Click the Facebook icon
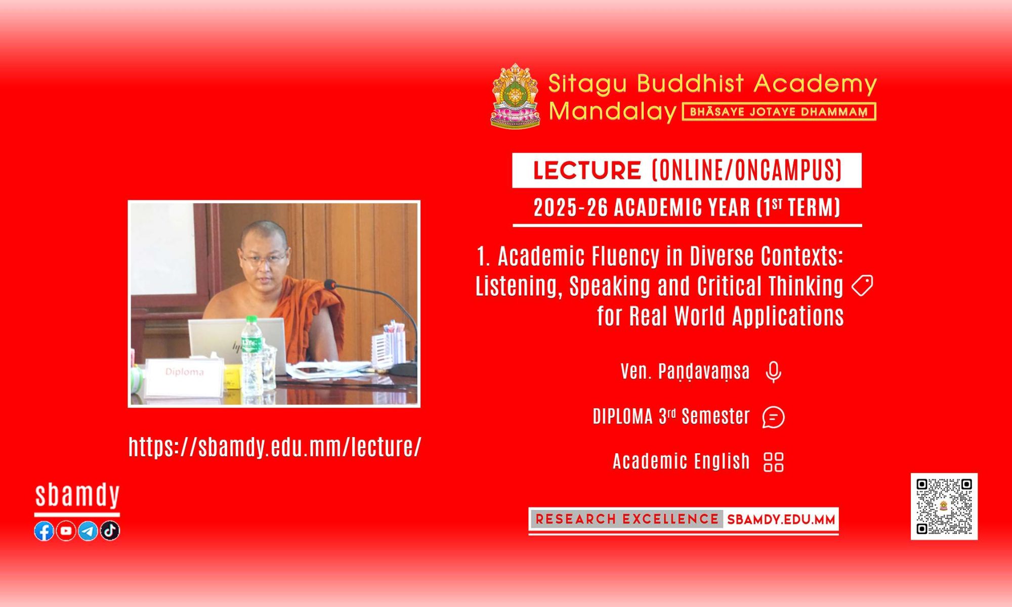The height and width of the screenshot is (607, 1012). tap(44, 531)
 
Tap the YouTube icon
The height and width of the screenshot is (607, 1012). tap(66, 531)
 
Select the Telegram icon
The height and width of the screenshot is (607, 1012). tap(88, 531)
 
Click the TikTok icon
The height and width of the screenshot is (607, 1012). tap(110, 531)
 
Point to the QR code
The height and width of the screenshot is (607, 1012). tap(944, 506)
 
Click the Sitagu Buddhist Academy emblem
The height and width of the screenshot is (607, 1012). tap(515, 96)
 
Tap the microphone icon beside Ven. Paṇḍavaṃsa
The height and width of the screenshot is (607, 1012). tap(773, 372)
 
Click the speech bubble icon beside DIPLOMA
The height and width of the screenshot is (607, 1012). tap(773, 417)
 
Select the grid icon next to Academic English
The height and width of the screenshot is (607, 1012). tap(773, 462)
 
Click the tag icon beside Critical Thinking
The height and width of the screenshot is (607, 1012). tap(862, 286)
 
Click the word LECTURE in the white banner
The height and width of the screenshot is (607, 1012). tap(587, 170)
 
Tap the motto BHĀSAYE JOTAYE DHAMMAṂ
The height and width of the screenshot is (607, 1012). tap(779, 112)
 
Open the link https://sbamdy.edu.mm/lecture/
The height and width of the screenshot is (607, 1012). tap(275, 447)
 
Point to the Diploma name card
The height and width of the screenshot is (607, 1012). tap(184, 377)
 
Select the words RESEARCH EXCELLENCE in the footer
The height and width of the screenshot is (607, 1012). tap(627, 519)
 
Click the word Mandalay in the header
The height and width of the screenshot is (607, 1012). tap(613, 111)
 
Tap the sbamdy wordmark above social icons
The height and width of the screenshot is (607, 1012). tap(77, 496)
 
